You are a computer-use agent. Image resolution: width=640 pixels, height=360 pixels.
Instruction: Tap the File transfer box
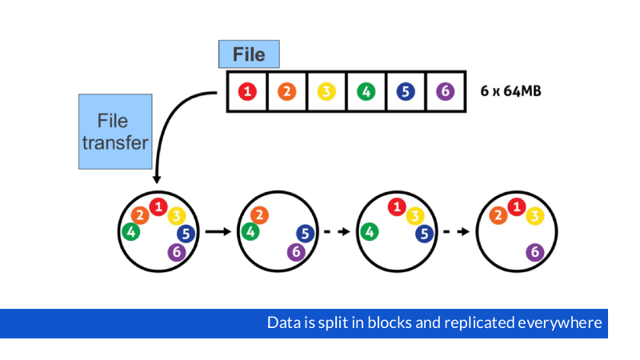pyautogui.click(x=114, y=132)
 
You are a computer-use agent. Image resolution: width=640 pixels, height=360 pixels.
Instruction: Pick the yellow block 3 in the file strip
pyautogui.click(x=326, y=91)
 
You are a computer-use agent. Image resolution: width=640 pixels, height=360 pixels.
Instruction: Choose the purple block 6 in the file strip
pyautogui.click(x=445, y=91)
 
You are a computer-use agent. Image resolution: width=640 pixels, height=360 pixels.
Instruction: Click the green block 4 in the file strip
pyautogui.click(x=366, y=91)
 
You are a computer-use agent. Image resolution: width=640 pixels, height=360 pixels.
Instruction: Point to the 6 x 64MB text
pyautogui.click(x=510, y=91)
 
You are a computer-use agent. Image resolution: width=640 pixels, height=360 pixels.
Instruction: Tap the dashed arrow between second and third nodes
pyautogui.click(x=337, y=232)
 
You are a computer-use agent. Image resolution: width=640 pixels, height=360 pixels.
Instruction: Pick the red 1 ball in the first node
pyautogui.click(x=158, y=207)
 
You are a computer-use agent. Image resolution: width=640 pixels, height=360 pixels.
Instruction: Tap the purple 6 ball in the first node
pyautogui.click(x=177, y=252)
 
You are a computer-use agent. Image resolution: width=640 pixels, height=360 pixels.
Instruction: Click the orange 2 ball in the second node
pyautogui.click(x=259, y=215)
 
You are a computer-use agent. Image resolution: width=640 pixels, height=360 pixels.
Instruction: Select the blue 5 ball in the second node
pyautogui.click(x=305, y=233)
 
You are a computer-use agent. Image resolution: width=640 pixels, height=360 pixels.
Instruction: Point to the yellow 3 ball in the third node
pyautogui.click(x=414, y=215)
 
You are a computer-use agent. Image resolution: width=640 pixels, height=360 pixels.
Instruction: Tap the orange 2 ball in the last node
pyautogui.click(x=498, y=215)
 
